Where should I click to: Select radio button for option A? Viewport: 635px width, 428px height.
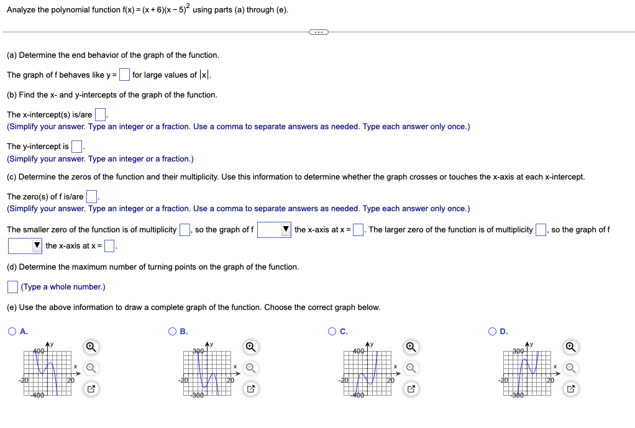(12, 331)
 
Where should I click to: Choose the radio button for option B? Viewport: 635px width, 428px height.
(173, 331)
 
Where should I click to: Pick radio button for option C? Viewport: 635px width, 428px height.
(333, 331)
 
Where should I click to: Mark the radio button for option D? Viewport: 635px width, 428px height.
(493, 331)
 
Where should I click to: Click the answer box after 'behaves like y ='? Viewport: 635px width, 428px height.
(124, 75)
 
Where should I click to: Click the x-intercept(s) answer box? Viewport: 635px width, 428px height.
(100, 115)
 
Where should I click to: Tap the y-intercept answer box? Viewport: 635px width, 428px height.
(76, 147)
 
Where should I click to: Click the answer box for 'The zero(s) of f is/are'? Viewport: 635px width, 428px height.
(91, 197)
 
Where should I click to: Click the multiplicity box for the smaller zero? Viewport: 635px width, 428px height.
(185, 230)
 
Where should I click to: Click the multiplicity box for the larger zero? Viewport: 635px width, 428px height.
(541, 230)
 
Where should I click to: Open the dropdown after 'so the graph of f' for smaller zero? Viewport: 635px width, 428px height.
(274, 230)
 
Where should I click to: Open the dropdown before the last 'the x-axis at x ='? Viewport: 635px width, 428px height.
(25, 246)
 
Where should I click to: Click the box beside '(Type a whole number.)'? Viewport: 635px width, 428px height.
(12, 286)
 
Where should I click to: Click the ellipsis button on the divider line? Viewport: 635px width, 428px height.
(318, 32)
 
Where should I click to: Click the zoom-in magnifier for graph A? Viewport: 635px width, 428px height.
(91, 346)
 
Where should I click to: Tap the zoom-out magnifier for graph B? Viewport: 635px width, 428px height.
(250, 368)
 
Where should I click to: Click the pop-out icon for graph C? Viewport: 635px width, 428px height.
(410, 389)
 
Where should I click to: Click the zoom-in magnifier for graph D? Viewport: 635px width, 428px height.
(570, 346)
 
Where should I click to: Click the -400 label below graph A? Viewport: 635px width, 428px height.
(38, 395)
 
